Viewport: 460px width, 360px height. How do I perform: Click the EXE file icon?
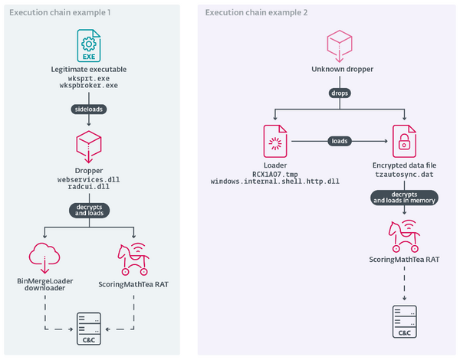pos(90,46)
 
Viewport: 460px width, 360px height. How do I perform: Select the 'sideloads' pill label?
pos(90,109)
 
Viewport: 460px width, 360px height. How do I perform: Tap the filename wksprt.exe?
pos(90,77)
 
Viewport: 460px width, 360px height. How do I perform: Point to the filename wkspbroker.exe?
pos(90,85)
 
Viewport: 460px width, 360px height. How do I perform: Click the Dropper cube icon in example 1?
pos(90,144)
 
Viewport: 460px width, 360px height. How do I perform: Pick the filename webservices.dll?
pos(90,178)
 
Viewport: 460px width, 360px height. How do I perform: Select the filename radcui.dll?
pos(90,186)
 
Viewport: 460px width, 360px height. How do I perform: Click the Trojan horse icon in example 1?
pos(136,257)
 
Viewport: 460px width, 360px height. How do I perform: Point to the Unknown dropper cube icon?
pos(338,44)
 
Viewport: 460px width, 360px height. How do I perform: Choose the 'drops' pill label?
pos(338,93)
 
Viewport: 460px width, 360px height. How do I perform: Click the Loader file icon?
pos(274,141)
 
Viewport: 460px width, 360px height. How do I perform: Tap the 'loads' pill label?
pos(338,141)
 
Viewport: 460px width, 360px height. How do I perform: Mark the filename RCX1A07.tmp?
pos(274,175)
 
